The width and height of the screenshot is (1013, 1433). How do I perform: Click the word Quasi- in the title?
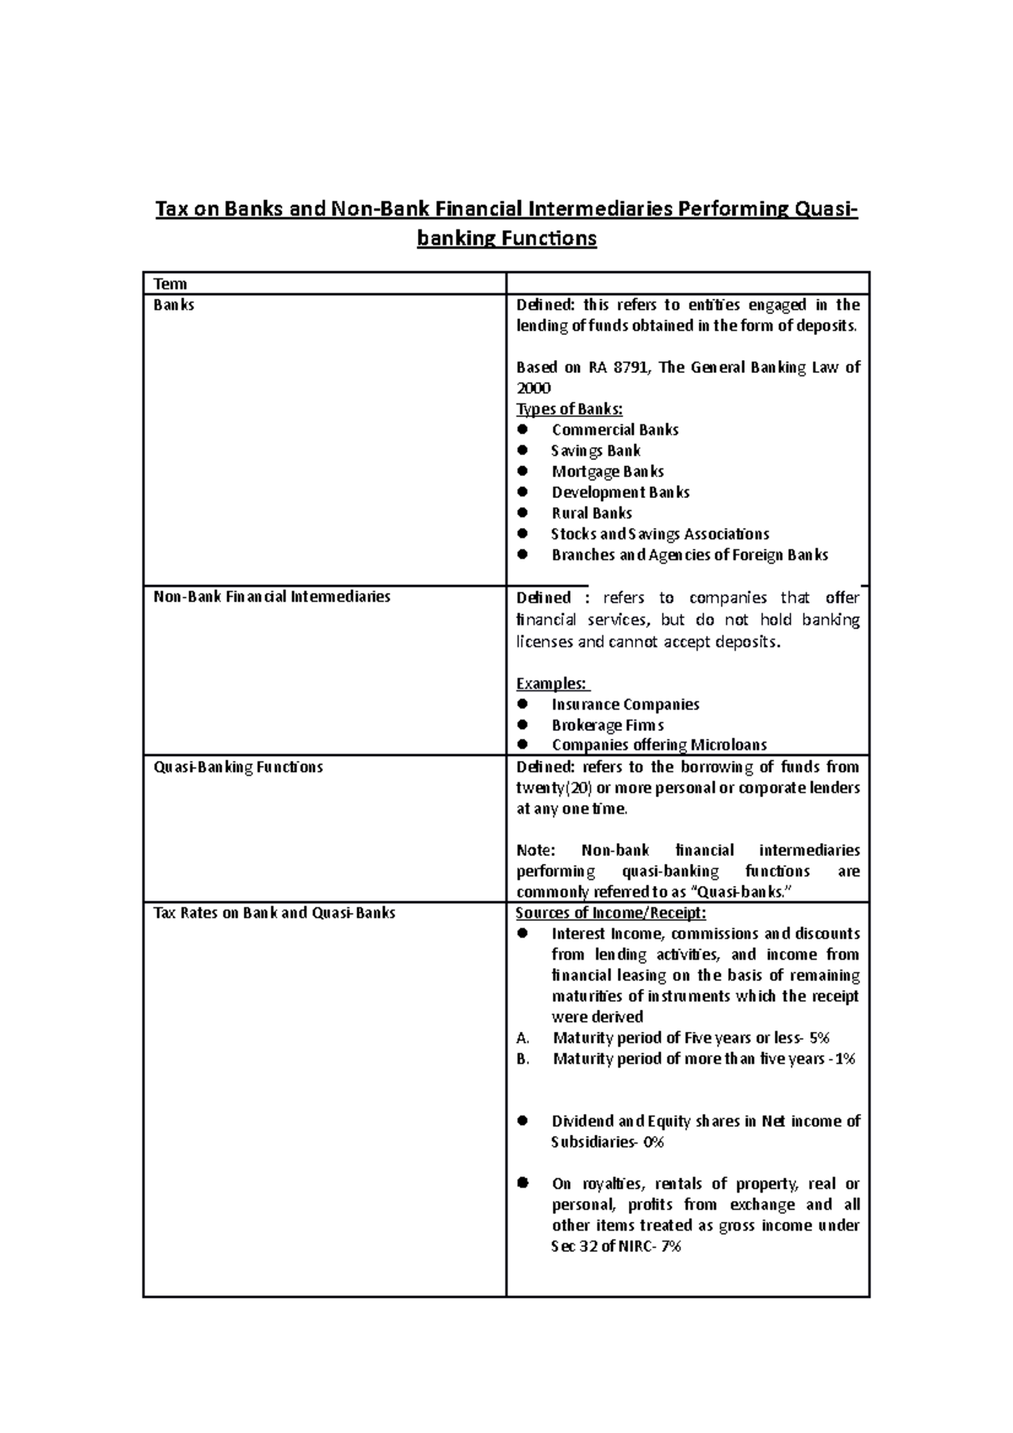pyautogui.click(x=826, y=208)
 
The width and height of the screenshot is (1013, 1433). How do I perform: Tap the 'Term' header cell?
pyautogui.click(x=170, y=284)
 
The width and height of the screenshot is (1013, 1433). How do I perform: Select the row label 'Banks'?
pyautogui.click(x=174, y=305)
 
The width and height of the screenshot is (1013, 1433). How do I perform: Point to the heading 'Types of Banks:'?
pyautogui.click(x=569, y=409)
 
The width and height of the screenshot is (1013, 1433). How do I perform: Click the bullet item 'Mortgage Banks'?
pyautogui.click(x=607, y=472)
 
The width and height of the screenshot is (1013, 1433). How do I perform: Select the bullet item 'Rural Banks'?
pyautogui.click(x=591, y=513)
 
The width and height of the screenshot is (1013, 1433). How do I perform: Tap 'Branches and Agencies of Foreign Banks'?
pyautogui.click(x=689, y=555)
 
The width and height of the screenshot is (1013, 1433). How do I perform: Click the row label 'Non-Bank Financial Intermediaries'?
pyautogui.click(x=271, y=597)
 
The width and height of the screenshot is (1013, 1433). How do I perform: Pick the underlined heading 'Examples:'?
pyautogui.click(x=552, y=683)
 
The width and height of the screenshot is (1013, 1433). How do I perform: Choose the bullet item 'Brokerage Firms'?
pyautogui.click(x=607, y=725)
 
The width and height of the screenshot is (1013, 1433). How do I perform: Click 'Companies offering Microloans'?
pyautogui.click(x=658, y=745)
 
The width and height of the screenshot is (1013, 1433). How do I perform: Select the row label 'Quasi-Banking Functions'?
pyautogui.click(x=237, y=767)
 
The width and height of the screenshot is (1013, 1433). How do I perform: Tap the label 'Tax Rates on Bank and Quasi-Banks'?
pyautogui.click(x=274, y=913)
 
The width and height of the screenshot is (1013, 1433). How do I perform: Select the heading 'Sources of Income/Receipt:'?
pyautogui.click(x=610, y=913)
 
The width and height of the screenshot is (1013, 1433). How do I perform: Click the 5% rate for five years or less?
pyautogui.click(x=819, y=1038)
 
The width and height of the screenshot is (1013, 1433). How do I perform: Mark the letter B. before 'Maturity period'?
pyautogui.click(x=523, y=1059)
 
